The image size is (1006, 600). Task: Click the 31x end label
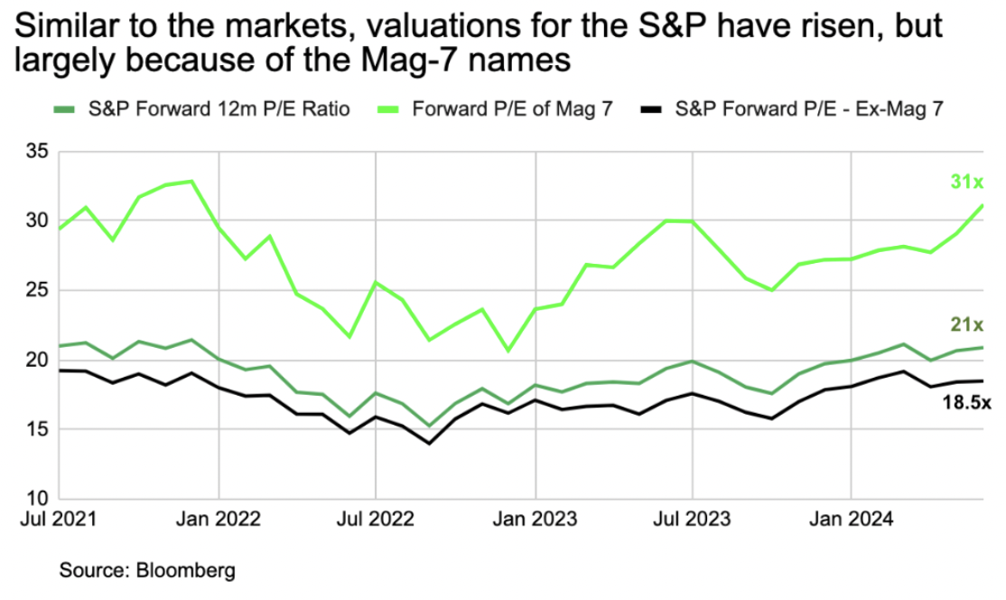[x=966, y=183]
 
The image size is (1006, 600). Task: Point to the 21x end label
[x=966, y=324]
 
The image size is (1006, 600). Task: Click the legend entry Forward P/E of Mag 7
[x=512, y=110]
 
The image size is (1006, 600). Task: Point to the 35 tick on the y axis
[x=36, y=151]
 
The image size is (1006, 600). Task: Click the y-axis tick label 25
[x=36, y=290]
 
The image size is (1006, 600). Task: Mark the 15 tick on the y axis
[x=36, y=429]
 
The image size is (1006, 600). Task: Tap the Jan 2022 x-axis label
[x=219, y=520]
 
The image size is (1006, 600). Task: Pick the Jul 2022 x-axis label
[x=376, y=520]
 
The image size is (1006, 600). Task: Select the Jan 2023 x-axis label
[x=536, y=520]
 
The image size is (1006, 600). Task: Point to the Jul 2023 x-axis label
[x=693, y=520]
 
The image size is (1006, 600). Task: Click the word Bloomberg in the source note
[x=186, y=571]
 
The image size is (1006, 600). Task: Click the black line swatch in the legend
[x=652, y=110]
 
